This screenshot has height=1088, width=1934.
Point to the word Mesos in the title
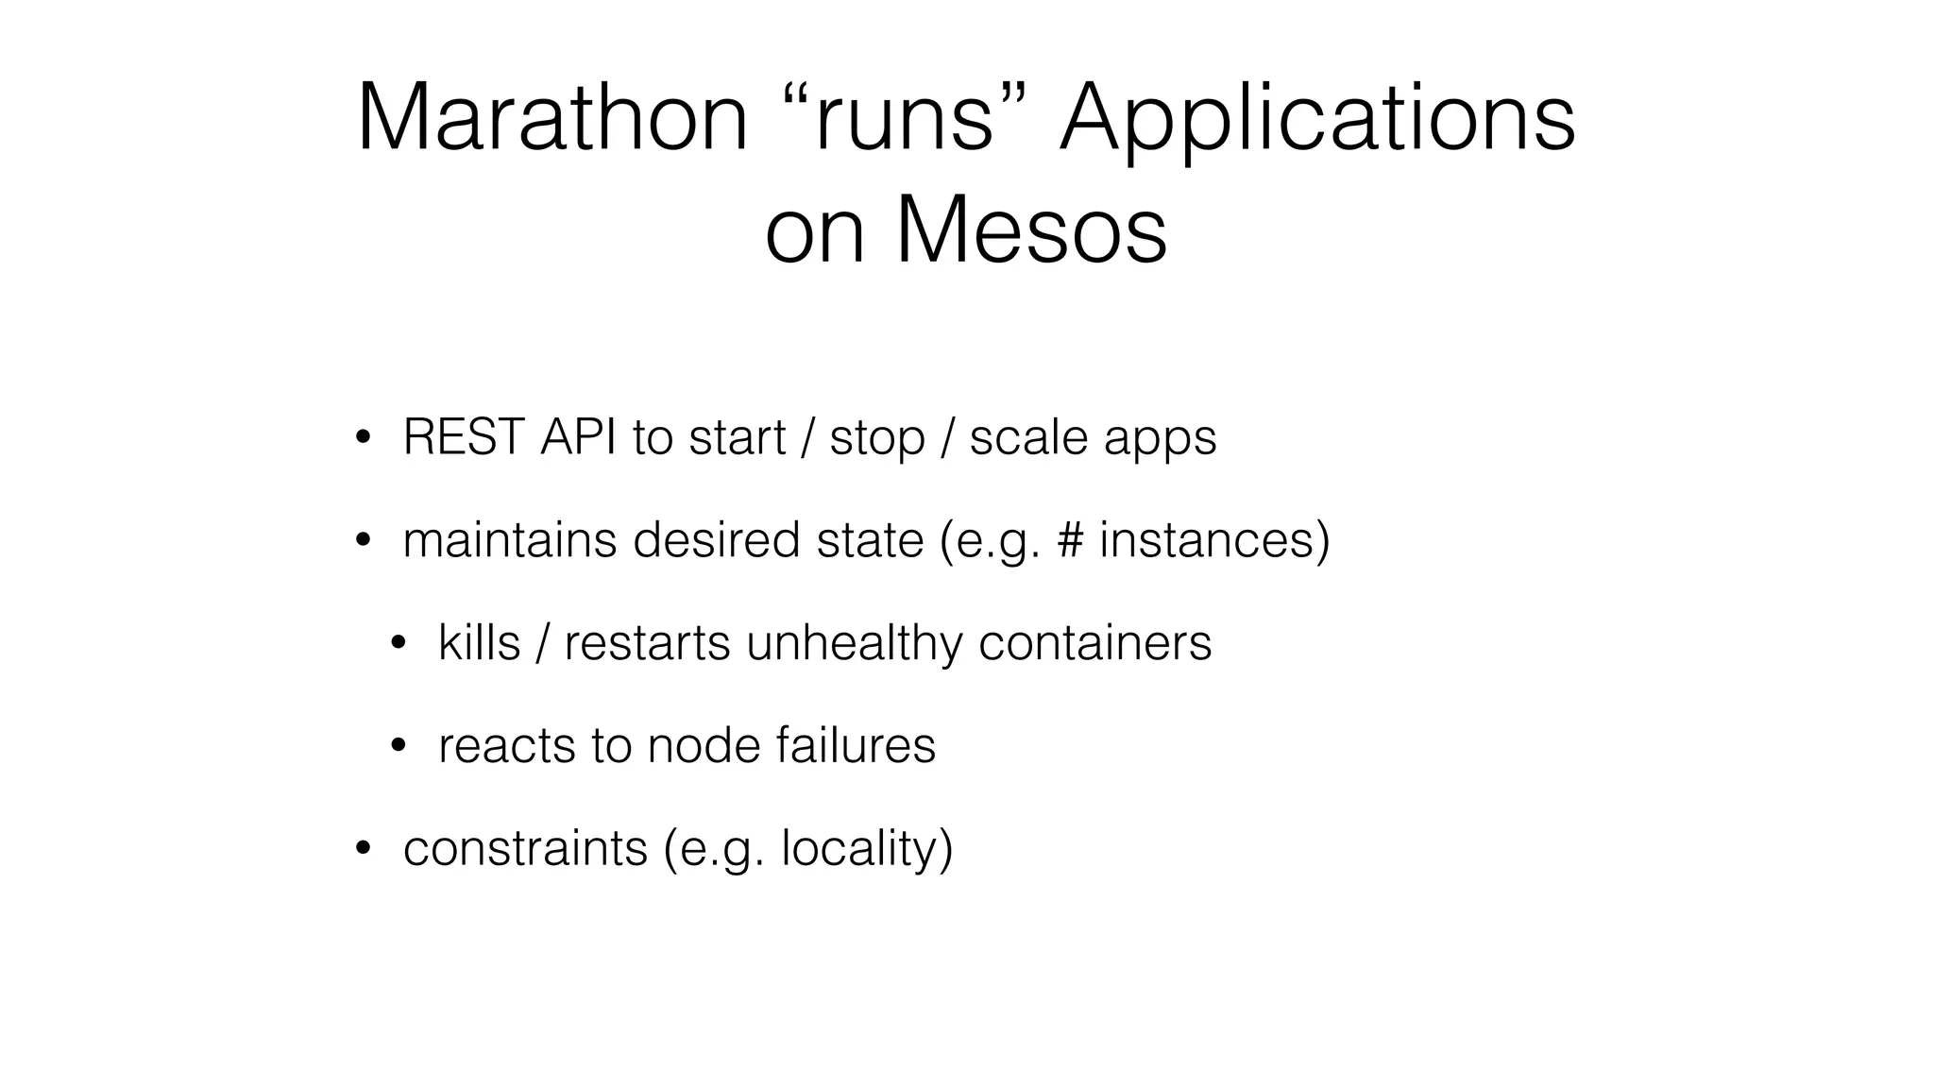(x=1030, y=230)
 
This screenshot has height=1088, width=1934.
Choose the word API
(x=578, y=437)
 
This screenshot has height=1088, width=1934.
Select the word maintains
(x=510, y=539)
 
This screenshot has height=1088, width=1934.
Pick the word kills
(x=479, y=642)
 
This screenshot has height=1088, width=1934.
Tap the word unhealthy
(x=855, y=643)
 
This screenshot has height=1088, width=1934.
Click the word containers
(x=1094, y=643)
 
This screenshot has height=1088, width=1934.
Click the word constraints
(x=525, y=848)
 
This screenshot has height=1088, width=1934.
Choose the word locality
(x=859, y=849)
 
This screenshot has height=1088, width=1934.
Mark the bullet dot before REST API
(x=362, y=438)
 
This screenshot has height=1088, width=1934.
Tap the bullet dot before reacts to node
(x=398, y=747)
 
